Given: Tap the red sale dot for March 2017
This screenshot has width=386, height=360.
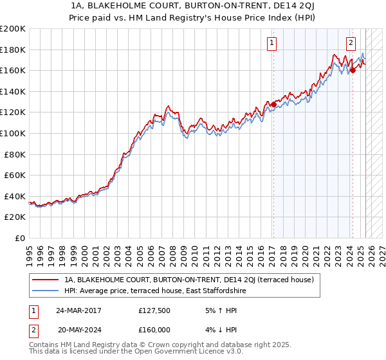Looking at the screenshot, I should (x=273, y=104).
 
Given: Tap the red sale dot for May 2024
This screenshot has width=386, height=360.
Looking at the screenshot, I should (x=353, y=71).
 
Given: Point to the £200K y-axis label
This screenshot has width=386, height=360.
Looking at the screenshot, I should (x=13, y=29).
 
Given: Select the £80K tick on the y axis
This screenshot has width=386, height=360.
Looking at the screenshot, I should (x=15, y=154).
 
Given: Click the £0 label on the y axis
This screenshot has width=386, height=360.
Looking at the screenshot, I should (x=21, y=238).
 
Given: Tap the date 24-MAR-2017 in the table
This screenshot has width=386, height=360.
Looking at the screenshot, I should (x=78, y=311).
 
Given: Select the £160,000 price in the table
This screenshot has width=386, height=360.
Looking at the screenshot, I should (x=154, y=328).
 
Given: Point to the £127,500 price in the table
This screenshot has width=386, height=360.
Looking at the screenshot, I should (x=154, y=311).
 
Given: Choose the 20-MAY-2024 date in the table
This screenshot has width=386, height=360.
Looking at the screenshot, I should (x=79, y=328).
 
